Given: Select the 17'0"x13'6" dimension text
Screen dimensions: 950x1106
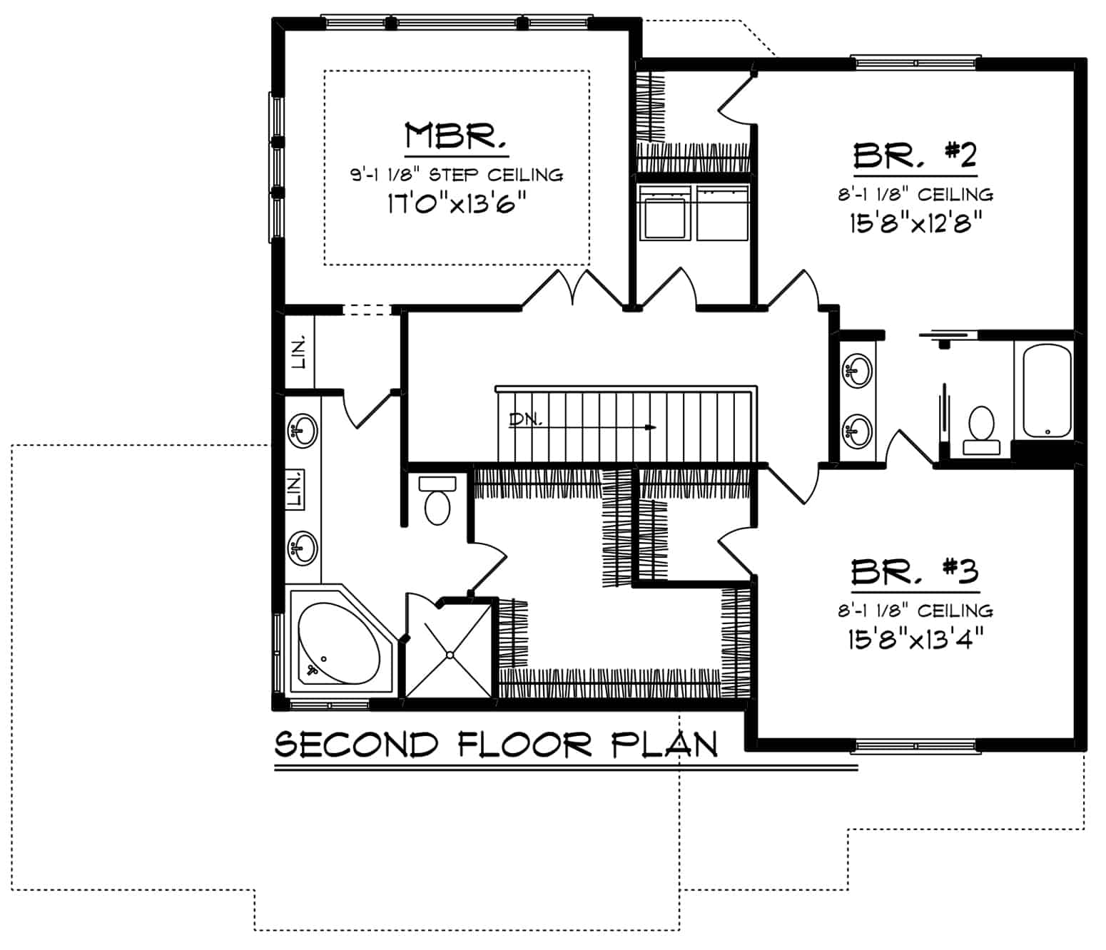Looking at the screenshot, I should pos(457,204).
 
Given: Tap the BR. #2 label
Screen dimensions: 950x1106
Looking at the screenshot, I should pos(915,155).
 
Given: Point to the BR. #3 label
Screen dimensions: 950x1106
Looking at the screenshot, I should pos(915,572).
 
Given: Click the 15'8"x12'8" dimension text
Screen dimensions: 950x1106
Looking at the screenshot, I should pos(915,223).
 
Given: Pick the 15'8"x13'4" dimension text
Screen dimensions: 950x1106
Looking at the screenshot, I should pos(915,640).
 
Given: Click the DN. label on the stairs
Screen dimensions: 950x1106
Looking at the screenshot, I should pos(525,420).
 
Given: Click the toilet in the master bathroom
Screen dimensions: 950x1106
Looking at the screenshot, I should pos(437,501).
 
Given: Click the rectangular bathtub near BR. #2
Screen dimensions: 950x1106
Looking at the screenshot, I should pos(1047,390).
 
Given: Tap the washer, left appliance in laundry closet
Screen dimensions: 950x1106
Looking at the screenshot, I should pos(666,213).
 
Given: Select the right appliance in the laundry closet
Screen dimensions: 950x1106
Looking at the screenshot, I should pos(722,213).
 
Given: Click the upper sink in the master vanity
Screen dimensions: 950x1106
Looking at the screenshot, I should pos(303,431).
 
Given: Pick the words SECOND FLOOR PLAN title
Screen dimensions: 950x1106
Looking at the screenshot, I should pos(496,745).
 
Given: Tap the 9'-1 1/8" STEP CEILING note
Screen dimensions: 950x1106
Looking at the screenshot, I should pos(457,175).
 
